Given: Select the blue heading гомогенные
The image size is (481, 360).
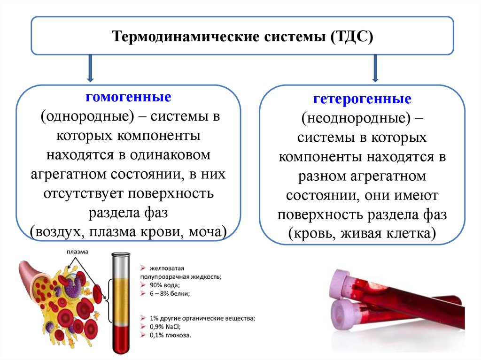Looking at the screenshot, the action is [x=128, y=99].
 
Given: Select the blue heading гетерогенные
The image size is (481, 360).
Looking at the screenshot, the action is [x=362, y=100].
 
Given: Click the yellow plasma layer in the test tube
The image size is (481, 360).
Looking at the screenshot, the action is [x=119, y=300].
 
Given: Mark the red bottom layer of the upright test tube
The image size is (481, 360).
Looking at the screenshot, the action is [x=119, y=340].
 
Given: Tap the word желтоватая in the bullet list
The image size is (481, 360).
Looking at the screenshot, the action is [x=166, y=269].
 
